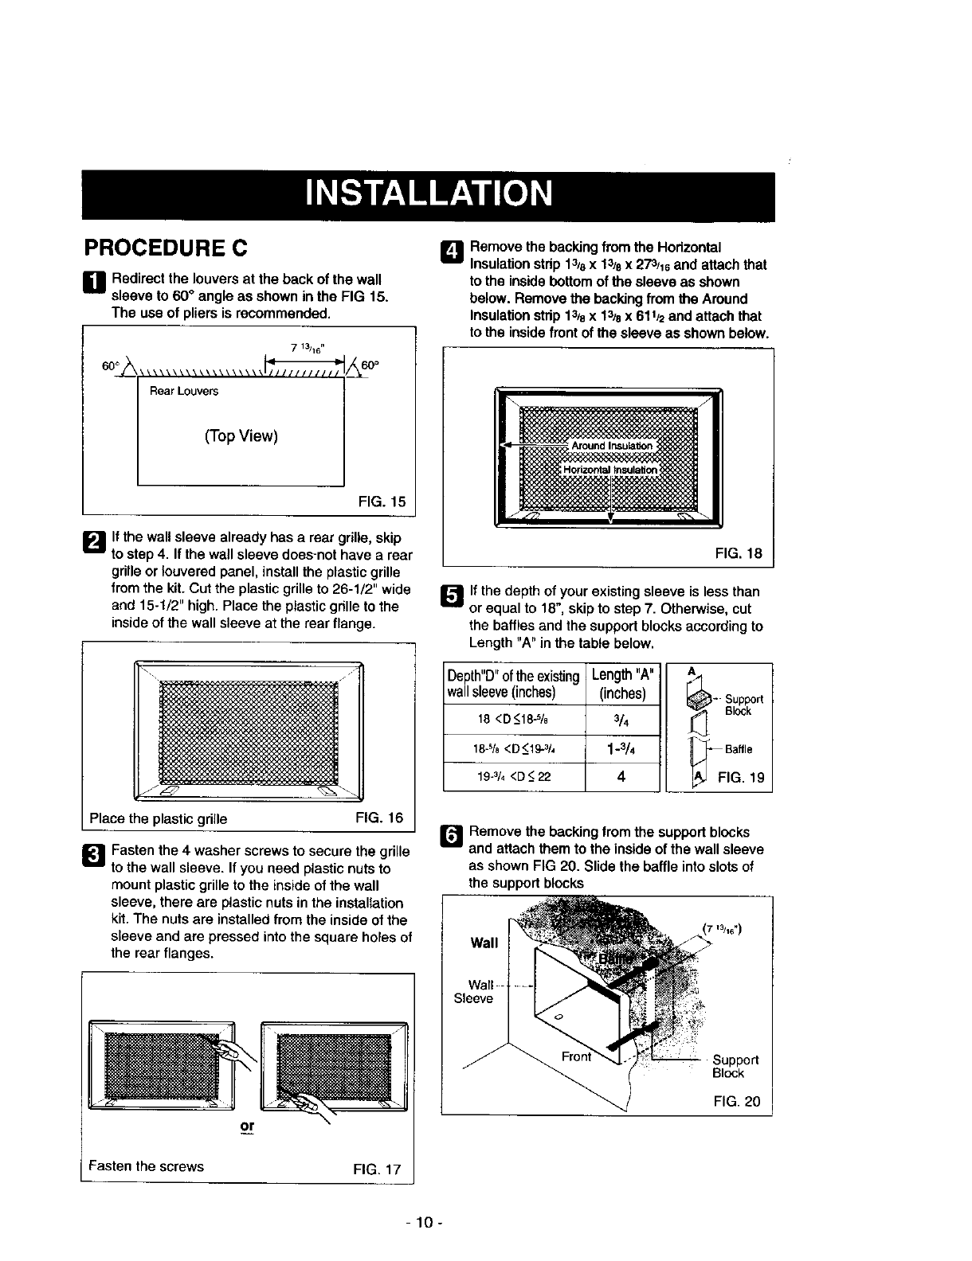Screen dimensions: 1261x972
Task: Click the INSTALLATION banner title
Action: [x=428, y=195]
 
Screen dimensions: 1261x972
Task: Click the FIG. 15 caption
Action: [x=382, y=502]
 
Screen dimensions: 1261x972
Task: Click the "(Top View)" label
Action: [x=241, y=436]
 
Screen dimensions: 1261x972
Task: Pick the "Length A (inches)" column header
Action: [x=622, y=684]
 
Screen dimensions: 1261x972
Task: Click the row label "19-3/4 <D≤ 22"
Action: [x=514, y=778]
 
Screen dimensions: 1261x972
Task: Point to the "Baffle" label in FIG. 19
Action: [x=739, y=749]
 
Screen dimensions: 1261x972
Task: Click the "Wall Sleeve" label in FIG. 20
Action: [x=473, y=992]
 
